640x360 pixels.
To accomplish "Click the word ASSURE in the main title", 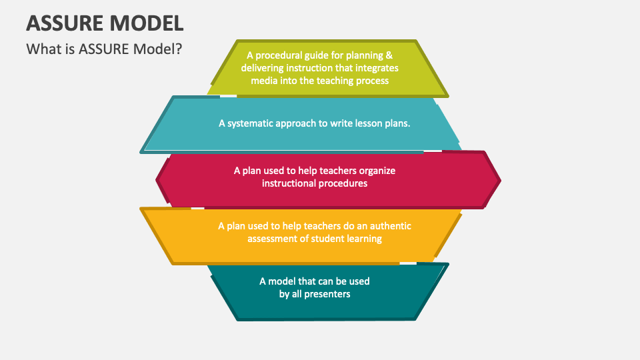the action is click(x=65, y=23).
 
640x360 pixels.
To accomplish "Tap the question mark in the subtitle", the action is click(x=179, y=49).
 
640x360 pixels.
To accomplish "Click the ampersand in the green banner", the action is click(x=389, y=55).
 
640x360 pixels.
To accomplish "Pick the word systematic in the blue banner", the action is click(x=250, y=123).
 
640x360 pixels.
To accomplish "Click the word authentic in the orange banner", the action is click(x=391, y=226).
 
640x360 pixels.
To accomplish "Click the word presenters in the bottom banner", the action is click(x=327, y=294).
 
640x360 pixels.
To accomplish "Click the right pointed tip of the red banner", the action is click(x=501, y=180).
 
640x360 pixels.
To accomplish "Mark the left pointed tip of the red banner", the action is click(x=156, y=180).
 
